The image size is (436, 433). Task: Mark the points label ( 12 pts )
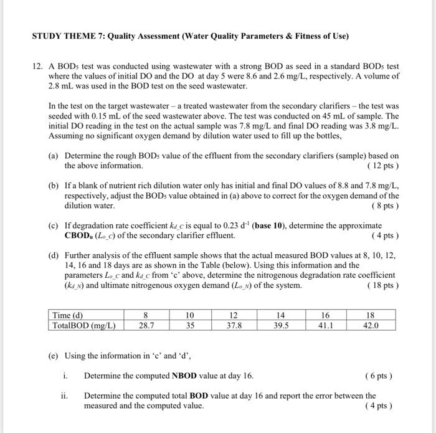pyautogui.click(x=383, y=166)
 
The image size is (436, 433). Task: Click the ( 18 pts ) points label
pyautogui.click(x=383, y=285)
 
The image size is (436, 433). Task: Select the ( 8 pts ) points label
pyautogui.click(x=385, y=206)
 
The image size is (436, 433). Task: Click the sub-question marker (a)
pyautogui.click(x=54, y=156)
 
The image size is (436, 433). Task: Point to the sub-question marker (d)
pyautogui.click(x=54, y=255)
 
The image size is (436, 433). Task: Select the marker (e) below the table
pyautogui.click(x=54, y=356)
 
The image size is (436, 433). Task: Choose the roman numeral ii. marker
pyautogui.click(x=64, y=396)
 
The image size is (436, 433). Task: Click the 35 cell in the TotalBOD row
pyautogui.click(x=191, y=325)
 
